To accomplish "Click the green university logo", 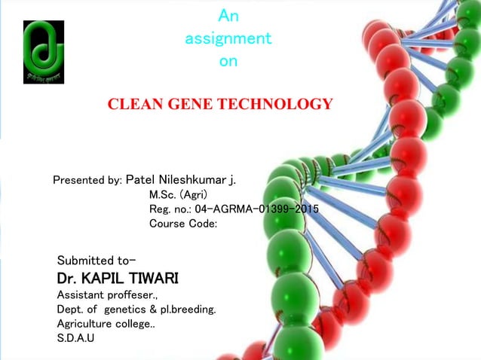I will tap(44, 52).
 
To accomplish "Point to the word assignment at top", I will tap(228, 38).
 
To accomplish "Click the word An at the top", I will tap(228, 14).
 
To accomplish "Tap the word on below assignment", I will tap(228, 62).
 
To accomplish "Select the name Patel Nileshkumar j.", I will tap(180, 180).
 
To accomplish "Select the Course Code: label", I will tap(183, 224).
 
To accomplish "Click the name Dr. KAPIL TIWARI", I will tap(118, 279).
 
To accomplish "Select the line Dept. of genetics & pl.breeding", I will tap(136, 309).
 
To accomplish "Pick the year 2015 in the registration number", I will tap(303, 209).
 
